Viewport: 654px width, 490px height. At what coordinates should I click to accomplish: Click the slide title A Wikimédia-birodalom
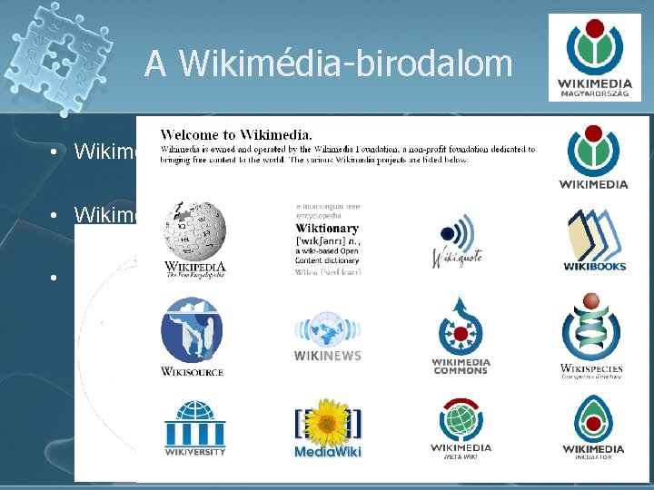pyautogui.click(x=328, y=64)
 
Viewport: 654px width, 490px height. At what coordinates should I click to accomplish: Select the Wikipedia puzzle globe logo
pyautogui.click(x=193, y=232)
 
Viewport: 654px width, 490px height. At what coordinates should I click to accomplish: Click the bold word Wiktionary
pyautogui.click(x=326, y=229)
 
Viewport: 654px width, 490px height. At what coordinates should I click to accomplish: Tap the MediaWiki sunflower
pyautogui.click(x=328, y=421)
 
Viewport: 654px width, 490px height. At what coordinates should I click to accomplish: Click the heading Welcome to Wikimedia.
pyautogui.click(x=237, y=134)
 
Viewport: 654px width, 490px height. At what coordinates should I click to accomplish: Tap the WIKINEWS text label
pyautogui.click(x=327, y=356)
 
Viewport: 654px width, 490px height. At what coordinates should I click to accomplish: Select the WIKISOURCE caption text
pyautogui.click(x=192, y=371)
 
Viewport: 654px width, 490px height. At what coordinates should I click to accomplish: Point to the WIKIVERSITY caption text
pyautogui.click(x=194, y=450)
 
